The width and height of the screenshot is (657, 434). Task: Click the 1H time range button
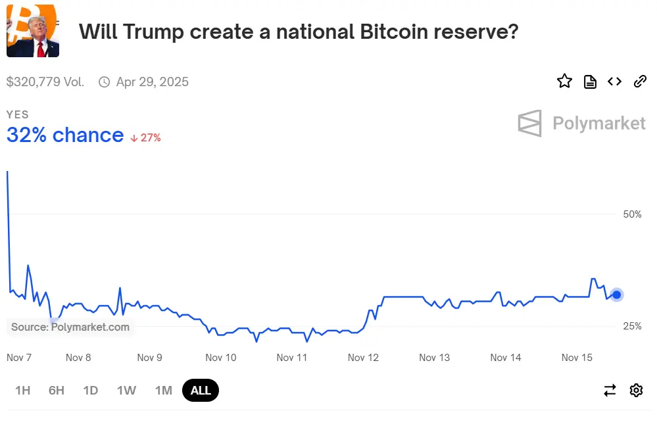click(x=23, y=391)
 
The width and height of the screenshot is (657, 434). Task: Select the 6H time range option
click(x=57, y=391)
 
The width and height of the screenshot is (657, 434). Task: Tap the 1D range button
click(x=91, y=391)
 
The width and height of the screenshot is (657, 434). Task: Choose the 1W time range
click(x=126, y=391)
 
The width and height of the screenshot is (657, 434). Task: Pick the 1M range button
click(x=163, y=391)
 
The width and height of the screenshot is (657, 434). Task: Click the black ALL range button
click(x=201, y=391)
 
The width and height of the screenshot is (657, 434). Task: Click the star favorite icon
click(x=564, y=82)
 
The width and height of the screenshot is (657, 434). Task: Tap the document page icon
click(x=590, y=82)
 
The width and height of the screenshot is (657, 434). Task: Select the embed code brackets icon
click(x=614, y=82)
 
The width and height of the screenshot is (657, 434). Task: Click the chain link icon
click(x=640, y=82)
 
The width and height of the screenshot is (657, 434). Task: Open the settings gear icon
click(x=636, y=391)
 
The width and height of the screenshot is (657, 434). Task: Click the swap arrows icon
click(x=610, y=391)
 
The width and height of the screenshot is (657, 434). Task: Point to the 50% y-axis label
click(x=632, y=214)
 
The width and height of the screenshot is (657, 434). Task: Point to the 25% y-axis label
click(x=632, y=326)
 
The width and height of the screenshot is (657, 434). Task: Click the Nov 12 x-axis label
click(x=363, y=358)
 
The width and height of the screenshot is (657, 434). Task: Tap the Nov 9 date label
click(x=149, y=358)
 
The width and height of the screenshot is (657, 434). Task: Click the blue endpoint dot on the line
click(x=616, y=295)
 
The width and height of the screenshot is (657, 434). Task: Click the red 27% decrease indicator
click(x=145, y=137)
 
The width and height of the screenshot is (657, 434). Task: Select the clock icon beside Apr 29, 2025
click(x=104, y=82)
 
